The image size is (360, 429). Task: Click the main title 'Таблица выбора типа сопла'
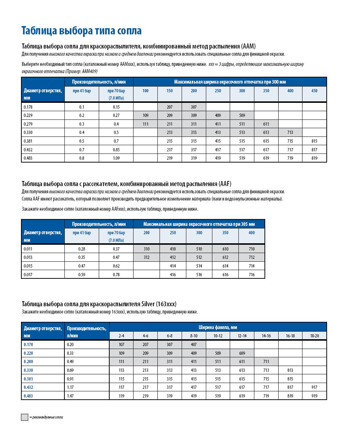[81, 31]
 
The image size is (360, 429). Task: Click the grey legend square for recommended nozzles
[25, 417]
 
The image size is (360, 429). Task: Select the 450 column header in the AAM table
[314, 91]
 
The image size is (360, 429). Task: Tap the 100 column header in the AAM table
[145, 91]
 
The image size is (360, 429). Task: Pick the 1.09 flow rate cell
[116, 158]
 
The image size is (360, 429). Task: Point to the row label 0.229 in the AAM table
[29, 115]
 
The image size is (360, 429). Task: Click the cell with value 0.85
[116, 150]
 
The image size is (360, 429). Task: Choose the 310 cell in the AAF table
[146, 249]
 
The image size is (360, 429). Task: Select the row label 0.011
[29, 249]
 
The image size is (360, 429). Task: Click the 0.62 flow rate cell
[116, 266]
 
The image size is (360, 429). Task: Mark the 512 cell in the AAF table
[199, 257]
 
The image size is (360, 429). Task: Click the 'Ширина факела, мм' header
[218, 327]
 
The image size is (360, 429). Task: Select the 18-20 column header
[314, 336]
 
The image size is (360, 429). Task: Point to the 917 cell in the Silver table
[314, 387]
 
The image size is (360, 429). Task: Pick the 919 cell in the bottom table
[314, 396]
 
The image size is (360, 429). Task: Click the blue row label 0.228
[29, 353]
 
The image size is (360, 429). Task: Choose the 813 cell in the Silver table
[290, 370]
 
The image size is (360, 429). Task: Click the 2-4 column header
[121, 336]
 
